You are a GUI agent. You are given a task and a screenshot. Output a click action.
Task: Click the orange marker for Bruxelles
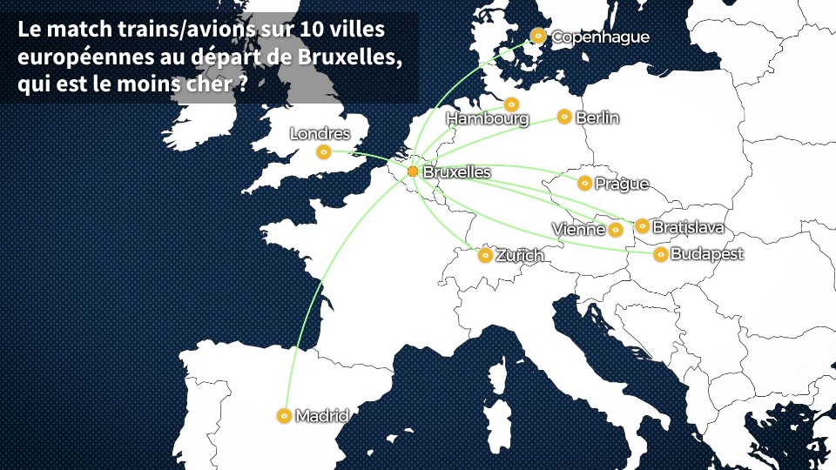click(x=413, y=171)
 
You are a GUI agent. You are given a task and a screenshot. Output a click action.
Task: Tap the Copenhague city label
click(x=601, y=37)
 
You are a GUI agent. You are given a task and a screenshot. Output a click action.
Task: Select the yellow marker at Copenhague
click(x=538, y=36)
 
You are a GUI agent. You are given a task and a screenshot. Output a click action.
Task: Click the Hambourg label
click(x=488, y=118)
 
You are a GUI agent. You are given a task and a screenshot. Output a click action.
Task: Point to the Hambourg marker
click(x=511, y=104)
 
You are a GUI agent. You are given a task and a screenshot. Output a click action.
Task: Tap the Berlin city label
click(x=597, y=117)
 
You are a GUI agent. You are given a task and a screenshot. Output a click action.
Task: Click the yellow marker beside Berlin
click(x=564, y=116)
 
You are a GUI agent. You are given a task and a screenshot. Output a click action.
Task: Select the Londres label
click(x=320, y=134)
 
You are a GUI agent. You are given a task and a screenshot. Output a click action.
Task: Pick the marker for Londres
click(x=324, y=152)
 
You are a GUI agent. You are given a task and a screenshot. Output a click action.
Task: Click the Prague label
click(x=622, y=184)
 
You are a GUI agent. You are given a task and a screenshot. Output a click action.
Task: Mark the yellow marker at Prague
click(x=584, y=183)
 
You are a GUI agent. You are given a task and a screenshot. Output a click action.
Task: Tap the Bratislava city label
click(x=688, y=227)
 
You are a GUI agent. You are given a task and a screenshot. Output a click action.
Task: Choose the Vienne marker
click(x=616, y=230)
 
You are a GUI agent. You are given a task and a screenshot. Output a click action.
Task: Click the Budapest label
click(x=707, y=255)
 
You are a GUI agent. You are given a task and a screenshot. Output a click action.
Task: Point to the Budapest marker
click(x=661, y=254)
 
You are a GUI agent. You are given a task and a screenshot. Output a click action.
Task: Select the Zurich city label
click(x=520, y=256)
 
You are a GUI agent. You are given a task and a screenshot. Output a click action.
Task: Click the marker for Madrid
click(x=283, y=416)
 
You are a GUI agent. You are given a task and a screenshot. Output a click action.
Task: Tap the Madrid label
click(x=322, y=416)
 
